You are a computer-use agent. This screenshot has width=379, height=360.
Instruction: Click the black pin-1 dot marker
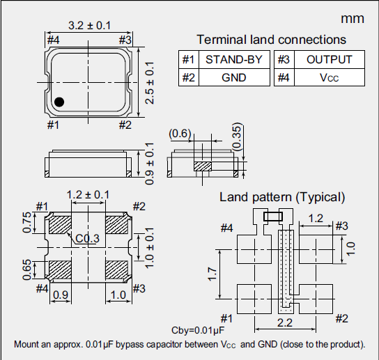point(60,102)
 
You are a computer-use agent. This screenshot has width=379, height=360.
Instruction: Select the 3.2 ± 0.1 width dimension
point(88,25)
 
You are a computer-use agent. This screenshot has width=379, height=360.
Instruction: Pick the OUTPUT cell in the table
point(329,60)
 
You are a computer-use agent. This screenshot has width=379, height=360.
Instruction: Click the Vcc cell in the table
point(329,77)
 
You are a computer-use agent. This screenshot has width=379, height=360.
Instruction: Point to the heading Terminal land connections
point(271,40)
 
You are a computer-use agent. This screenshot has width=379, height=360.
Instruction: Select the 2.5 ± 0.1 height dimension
point(149,81)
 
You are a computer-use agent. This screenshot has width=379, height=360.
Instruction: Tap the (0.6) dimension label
point(180,133)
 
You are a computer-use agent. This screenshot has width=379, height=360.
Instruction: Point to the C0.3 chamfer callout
point(88,239)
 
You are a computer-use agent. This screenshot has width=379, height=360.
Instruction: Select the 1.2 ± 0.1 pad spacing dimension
point(87,194)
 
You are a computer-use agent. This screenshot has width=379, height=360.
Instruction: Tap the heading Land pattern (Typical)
point(282,197)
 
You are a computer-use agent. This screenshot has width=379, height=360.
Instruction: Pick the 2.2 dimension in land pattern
point(284,322)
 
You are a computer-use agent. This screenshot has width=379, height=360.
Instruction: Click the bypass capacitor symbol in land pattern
point(272,216)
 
